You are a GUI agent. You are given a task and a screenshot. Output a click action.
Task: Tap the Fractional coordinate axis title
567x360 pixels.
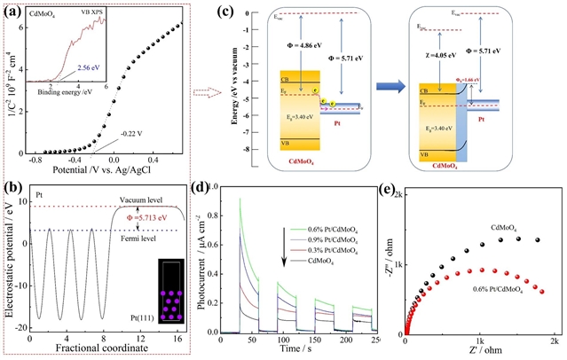tap(111, 350)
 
